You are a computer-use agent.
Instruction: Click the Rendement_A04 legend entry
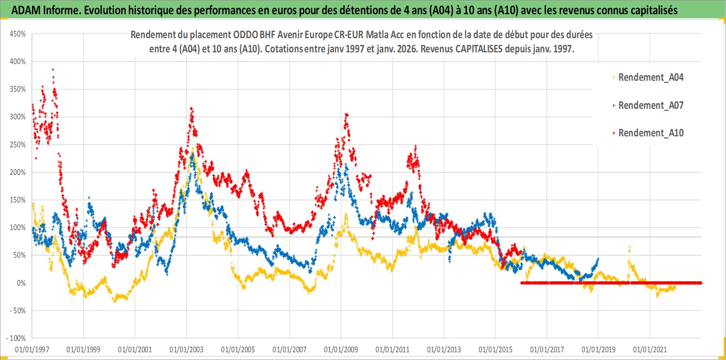[651, 77]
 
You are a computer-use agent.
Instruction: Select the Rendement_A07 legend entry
[651, 105]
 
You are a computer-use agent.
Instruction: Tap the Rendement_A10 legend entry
[651, 133]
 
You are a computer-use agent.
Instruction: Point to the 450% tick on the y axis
[18, 34]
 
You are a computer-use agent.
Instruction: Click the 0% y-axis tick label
[21, 283]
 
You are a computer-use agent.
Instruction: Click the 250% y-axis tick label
[18, 145]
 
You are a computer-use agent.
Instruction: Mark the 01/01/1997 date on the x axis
[32, 349]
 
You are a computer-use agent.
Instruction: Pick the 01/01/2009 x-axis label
[341, 349]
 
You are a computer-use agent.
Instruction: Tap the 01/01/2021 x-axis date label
[650, 349]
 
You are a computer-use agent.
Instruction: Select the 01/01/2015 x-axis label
[495, 349]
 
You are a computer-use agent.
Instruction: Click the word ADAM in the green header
[26, 10]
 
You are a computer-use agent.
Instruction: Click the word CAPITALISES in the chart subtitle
[479, 49]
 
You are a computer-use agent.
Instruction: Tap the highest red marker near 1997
[53, 69]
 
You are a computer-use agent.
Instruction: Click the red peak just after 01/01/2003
[191, 108]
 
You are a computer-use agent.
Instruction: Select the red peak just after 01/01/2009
[346, 115]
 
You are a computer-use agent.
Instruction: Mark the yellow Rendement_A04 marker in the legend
[614, 77]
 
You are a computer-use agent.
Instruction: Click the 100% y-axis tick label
[18, 228]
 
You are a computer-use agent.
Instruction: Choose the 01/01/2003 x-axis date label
[187, 349]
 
